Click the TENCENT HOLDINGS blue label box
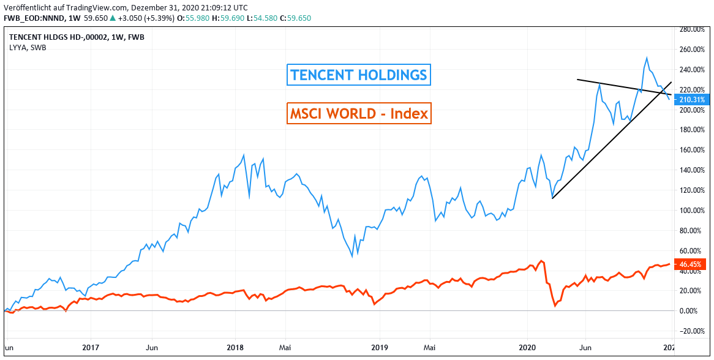click(359, 75)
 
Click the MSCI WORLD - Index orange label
click(359, 113)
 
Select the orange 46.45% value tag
click(690, 264)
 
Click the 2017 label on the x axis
click(90, 347)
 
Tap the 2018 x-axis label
click(235, 347)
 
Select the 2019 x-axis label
click(380, 347)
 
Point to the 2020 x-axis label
click(528, 347)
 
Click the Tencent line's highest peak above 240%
click(647, 58)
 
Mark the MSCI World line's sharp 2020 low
click(555, 306)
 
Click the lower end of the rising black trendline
click(552, 198)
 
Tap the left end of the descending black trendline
click(577, 80)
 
